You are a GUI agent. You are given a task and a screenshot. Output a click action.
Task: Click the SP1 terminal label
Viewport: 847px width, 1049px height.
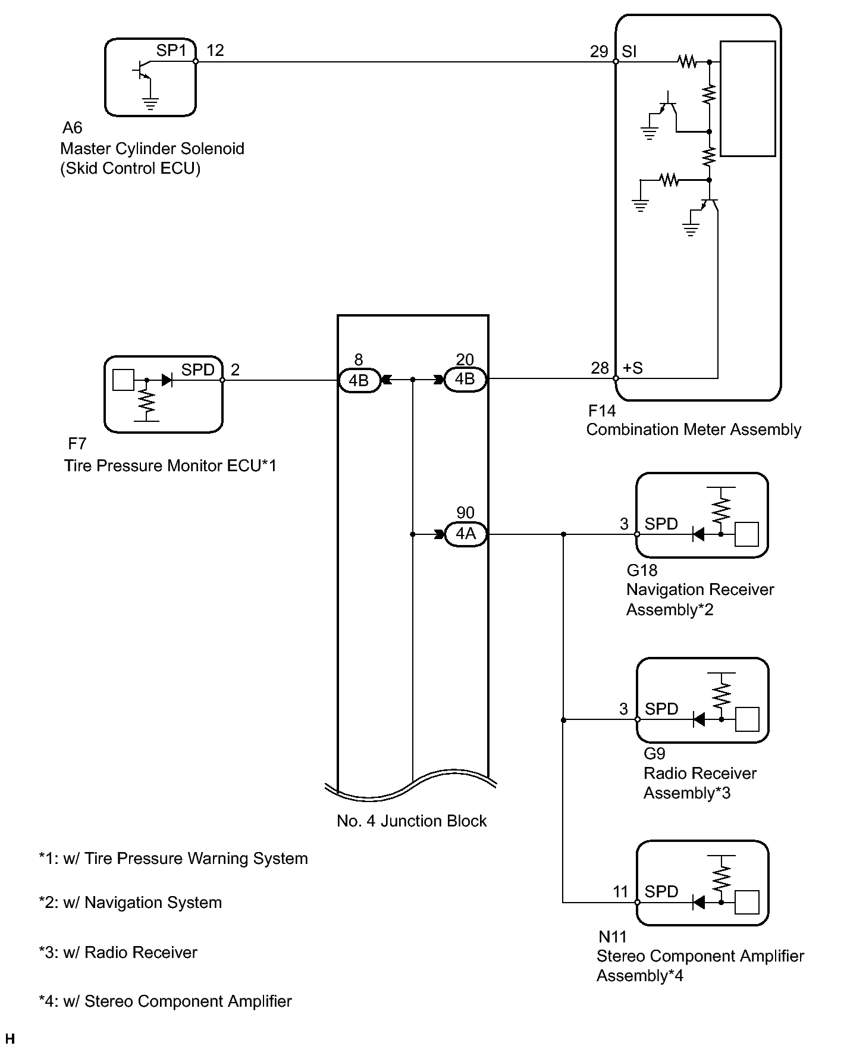coord(171,51)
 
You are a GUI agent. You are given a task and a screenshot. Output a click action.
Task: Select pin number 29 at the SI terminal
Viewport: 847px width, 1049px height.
coord(599,52)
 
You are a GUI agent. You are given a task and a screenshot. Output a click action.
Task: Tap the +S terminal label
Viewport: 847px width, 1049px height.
coord(633,368)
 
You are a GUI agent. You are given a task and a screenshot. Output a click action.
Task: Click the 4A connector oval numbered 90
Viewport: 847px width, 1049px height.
coord(466,534)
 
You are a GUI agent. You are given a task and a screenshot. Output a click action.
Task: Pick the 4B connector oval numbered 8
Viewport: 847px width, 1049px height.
coord(359,380)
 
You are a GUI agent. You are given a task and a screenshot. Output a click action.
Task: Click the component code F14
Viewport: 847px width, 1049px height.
coord(602,411)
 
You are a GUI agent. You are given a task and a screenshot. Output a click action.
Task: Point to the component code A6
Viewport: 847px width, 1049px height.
coord(73,128)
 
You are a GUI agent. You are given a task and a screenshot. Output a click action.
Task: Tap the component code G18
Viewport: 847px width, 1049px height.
coord(642,570)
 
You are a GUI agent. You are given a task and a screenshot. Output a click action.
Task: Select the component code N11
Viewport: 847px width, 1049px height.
coord(613,937)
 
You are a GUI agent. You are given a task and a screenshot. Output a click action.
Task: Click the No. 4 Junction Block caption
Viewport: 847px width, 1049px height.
coord(412,821)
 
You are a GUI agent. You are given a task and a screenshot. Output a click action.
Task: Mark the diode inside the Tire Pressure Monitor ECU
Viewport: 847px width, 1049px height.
coord(167,380)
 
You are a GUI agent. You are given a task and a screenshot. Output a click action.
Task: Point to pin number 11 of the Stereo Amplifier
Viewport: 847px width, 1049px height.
coord(620,891)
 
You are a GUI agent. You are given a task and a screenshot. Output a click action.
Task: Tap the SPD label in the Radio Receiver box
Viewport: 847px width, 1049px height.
coord(661,709)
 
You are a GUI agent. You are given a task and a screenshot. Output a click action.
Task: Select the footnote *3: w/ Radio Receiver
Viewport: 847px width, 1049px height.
coord(118,953)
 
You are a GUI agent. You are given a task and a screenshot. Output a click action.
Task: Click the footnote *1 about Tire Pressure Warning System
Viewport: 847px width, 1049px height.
coord(173,859)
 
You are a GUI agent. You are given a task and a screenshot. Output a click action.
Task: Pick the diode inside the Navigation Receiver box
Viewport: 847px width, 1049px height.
coord(699,534)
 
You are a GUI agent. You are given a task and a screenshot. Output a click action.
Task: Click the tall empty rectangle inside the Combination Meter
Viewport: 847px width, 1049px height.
coord(748,99)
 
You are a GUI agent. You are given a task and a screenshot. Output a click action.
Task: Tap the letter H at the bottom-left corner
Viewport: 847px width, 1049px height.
coord(9,1039)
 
